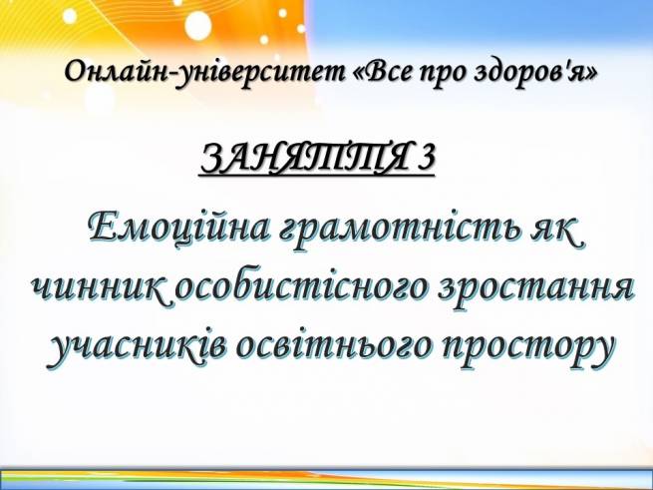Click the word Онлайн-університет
point(204,73)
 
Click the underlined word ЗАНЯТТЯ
point(304,158)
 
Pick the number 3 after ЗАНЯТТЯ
point(426,158)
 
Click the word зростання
point(536,288)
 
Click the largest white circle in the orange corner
point(198,25)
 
